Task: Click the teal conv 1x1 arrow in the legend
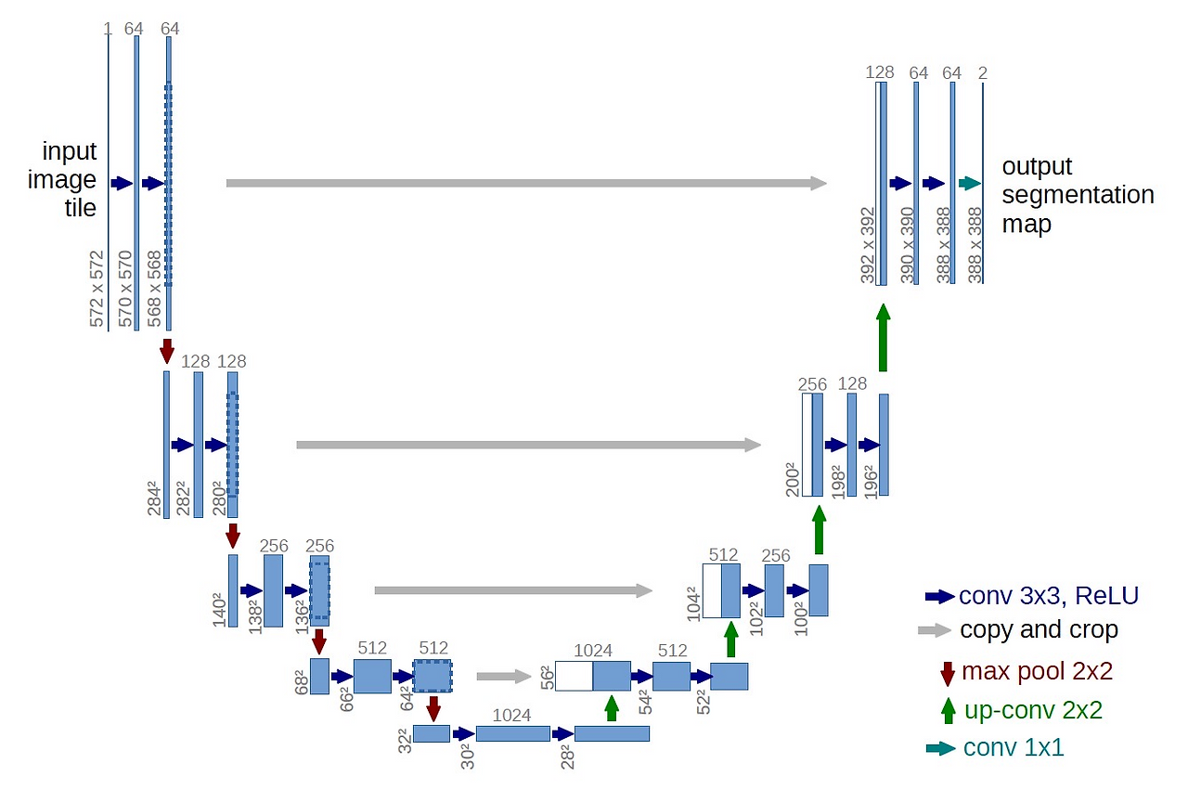point(940,748)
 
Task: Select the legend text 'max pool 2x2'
point(1037,671)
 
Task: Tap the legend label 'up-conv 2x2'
point(1033,711)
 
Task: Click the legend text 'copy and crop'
point(1039,630)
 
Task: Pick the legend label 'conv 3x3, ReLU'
point(1049,596)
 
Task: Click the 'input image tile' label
point(69,179)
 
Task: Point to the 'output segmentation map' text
point(1078,195)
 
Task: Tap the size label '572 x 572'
point(97,288)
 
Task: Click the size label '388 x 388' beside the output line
point(974,245)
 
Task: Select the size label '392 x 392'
point(867,245)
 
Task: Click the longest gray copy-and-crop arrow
point(526,183)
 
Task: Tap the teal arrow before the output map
point(969,183)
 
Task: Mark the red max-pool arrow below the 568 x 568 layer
point(167,351)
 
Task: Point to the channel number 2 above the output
point(982,72)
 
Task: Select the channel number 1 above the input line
point(108,29)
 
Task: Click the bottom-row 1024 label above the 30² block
point(511,716)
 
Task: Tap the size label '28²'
point(566,756)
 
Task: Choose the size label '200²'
point(793,478)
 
